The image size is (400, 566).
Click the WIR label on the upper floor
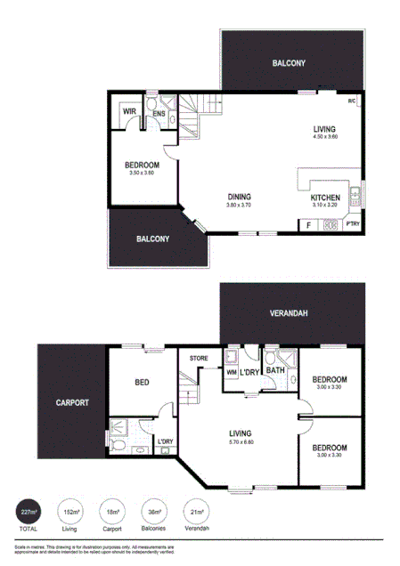tap(129, 112)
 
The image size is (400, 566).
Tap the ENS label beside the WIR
tap(158, 114)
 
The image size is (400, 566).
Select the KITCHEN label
tap(325, 198)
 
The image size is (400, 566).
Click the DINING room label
tap(239, 197)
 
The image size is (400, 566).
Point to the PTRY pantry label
tap(354, 224)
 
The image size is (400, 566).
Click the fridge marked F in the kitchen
tap(308, 225)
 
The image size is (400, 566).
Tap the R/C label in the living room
tap(353, 101)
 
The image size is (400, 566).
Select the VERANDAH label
tap(290, 313)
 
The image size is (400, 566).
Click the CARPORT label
tap(71, 402)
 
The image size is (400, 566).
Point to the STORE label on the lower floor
tap(198, 359)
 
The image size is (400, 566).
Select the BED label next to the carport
tap(142, 383)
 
